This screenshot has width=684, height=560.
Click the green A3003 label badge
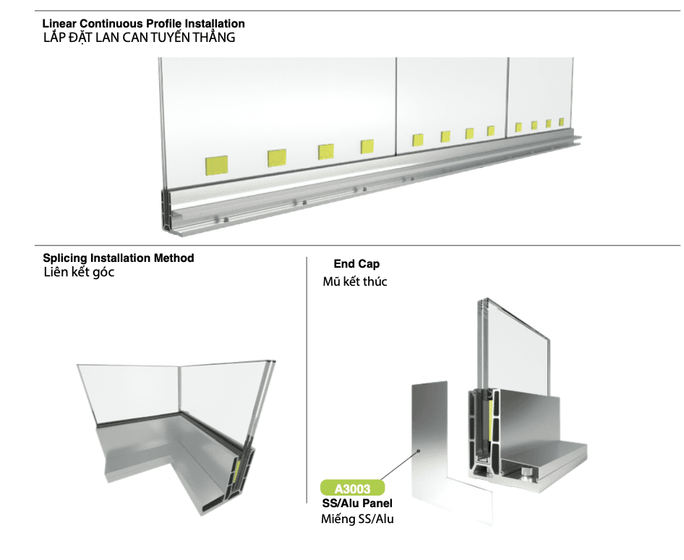[x=352, y=488]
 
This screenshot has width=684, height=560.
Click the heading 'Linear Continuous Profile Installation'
[x=143, y=24]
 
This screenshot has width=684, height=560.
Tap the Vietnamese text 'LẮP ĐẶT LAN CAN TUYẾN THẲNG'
[x=139, y=38]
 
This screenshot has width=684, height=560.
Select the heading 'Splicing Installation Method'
[x=118, y=258]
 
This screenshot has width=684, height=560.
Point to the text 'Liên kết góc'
[x=79, y=272]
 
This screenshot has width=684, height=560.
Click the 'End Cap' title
[x=356, y=263]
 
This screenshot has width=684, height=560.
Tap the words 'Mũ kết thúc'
[x=354, y=281]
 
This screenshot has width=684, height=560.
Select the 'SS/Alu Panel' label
[x=357, y=504]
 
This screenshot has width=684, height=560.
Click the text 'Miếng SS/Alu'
[x=357, y=519]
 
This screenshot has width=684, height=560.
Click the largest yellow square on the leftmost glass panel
[x=216, y=165]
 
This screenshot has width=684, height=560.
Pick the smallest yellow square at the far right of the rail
[x=561, y=122]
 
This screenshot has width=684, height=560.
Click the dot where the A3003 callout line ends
[x=419, y=451]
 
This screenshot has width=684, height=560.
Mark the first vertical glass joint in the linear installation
[x=396, y=106]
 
